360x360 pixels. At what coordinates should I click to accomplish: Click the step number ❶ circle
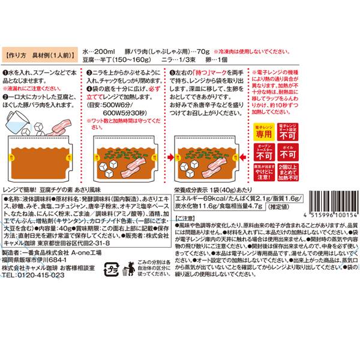(x=5, y=71)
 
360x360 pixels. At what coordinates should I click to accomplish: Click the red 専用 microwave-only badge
(x=264, y=131)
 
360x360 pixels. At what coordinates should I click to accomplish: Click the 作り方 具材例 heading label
(x=40, y=53)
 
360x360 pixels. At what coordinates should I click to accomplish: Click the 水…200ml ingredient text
(x=97, y=52)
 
